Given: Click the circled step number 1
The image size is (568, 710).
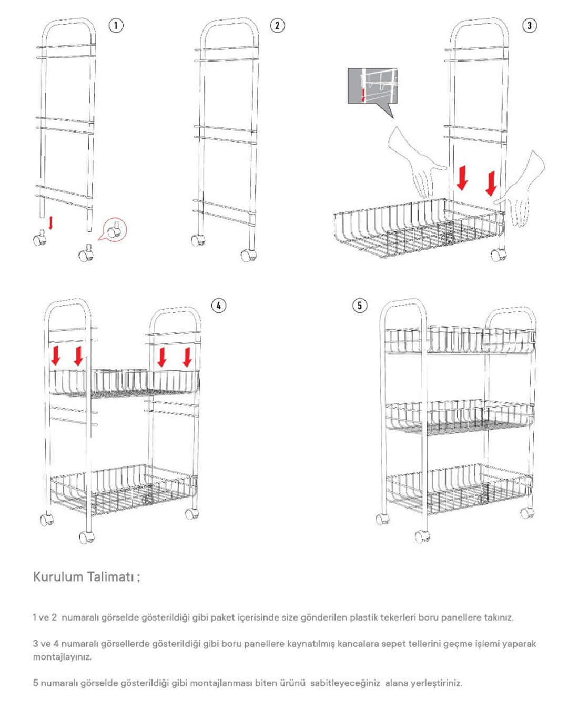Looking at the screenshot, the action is click(x=116, y=25).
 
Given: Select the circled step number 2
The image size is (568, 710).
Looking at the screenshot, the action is click(x=277, y=25).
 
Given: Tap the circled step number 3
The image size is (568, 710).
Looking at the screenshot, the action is click(x=530, y=25).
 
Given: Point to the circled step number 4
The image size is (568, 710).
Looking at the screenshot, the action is click(x=218, y=306).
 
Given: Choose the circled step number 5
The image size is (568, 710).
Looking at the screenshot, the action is click(x=359, y=306).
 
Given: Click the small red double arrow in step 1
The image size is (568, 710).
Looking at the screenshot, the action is click(x=50, y=222).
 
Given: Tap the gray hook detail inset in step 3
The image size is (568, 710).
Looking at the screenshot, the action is click(x=372, y=86).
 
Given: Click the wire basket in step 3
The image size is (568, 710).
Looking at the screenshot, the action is click(x=419, y=228).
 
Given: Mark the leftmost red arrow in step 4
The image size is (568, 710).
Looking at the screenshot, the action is click(x=55, y=356).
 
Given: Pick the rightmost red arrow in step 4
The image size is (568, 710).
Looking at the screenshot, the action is click(x=187, y=357).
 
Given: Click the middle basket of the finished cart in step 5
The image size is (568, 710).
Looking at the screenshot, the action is click(x=460, y=418).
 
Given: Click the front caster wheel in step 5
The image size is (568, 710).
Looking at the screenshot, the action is click(x=422, y=537).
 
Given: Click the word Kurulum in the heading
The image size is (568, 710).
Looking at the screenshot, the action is click(x=58, y=577).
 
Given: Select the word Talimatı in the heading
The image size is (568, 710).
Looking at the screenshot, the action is click(x=111, y=577).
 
